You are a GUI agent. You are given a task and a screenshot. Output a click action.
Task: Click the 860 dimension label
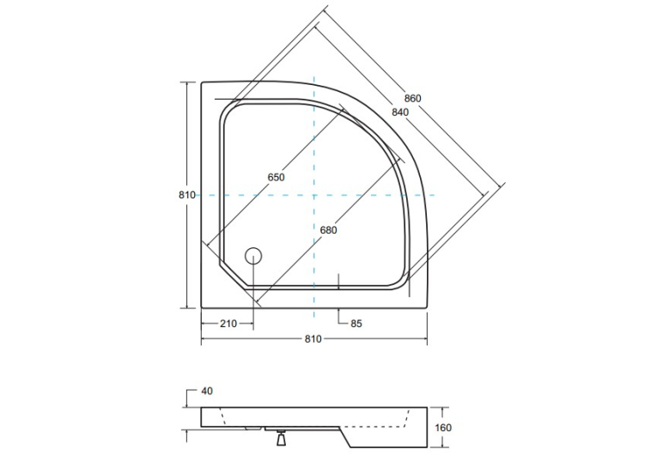(x=412, y=99)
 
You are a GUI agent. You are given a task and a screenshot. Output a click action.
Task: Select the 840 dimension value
(x=400, y=112)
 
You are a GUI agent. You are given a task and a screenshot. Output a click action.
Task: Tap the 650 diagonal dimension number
(x=277, y=177)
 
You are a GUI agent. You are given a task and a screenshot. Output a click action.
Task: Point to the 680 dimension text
(x=328, y=230)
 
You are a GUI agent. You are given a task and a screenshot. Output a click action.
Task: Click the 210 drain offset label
(x=228, y=324)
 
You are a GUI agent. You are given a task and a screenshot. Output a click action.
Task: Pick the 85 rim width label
(x=356, y=324)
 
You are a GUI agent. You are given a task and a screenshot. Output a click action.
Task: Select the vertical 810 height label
(x=187, y=195)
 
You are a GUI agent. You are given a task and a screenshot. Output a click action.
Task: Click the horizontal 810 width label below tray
(x=313, y=339)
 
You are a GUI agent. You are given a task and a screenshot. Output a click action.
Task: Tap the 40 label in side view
(x=207, y=391)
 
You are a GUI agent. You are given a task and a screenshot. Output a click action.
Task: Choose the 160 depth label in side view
(x=443, y=428)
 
